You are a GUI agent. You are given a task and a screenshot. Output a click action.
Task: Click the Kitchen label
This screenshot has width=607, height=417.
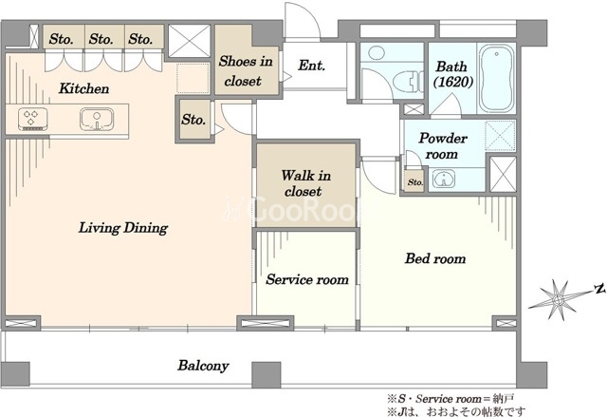pos(83,88)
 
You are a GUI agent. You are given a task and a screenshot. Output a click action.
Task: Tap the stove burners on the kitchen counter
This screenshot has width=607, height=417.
pos(33,119)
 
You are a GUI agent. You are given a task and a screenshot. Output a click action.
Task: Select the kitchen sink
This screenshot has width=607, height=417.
pos(97,119)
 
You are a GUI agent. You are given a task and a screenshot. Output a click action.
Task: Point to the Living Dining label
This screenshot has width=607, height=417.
pos(123,227)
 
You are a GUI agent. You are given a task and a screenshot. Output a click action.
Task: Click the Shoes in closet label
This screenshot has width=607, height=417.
pos(246,71)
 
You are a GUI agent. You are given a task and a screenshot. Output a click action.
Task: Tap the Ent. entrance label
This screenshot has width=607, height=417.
pos(311,66)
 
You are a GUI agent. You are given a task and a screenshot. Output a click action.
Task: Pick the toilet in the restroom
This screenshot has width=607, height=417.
pos(408,81)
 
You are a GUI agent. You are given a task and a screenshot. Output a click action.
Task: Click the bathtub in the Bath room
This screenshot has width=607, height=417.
pos(497,79)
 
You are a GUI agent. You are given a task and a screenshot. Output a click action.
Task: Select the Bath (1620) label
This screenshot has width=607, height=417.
pos(452,74)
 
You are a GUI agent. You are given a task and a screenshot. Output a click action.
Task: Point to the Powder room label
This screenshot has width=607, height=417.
pos(443,146)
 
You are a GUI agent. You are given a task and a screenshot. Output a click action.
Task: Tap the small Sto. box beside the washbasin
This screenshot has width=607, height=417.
pos(414,181)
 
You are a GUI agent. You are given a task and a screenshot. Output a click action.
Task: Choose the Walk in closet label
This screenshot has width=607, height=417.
pos(305,183)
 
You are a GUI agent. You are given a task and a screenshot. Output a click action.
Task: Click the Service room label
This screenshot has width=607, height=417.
pos(307,279)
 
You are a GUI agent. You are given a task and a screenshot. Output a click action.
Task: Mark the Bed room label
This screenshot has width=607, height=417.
pos(435,258)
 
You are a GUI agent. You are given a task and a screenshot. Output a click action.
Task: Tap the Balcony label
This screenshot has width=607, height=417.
pos(203,366)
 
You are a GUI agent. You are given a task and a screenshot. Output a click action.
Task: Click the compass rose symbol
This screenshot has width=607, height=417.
pos(558,299)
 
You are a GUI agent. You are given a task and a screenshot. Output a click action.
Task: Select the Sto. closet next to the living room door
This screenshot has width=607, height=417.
pos(193,120)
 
